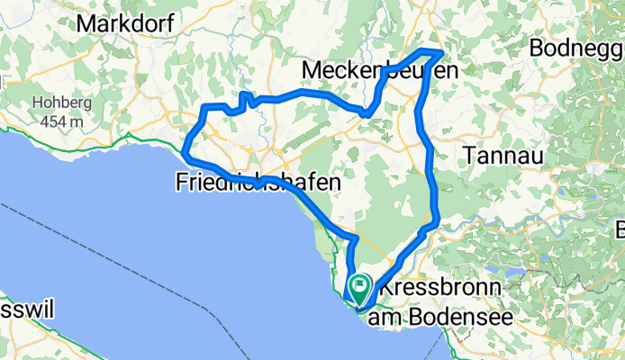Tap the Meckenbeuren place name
(x=380, y=70)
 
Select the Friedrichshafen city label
(x=258, y=183)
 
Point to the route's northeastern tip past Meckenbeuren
(x=440, y=52)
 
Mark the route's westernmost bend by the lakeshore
(x=185, y=153)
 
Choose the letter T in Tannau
(x=470, y=156)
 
